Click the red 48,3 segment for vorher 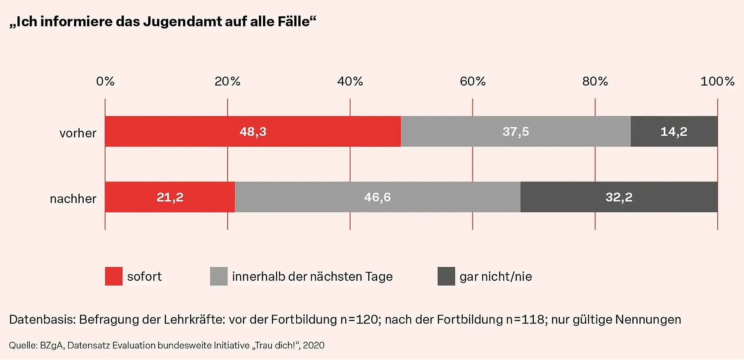253,131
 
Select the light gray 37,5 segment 516,131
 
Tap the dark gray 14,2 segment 674,131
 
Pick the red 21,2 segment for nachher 170,197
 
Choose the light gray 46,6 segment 378,197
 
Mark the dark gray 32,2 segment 619,197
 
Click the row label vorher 78,133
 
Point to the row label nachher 73,199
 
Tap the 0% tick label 105,81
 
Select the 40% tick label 350,81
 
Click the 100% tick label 717,81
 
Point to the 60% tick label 472,81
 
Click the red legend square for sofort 114,276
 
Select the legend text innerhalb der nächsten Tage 312,277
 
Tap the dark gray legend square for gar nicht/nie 446,276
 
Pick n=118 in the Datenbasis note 526,319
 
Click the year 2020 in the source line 314,345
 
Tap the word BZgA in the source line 52,345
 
